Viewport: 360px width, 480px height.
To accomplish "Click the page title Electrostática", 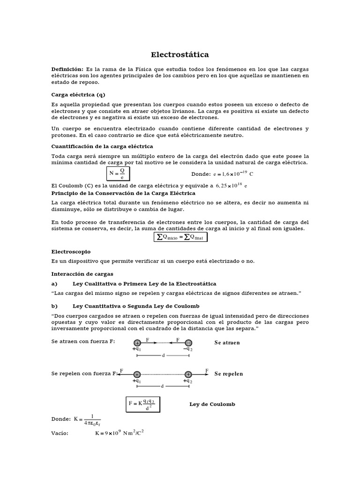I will [180, 55].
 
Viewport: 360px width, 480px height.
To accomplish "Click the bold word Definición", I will [67, 69].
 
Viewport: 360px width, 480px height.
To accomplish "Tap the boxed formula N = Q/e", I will [118, 174].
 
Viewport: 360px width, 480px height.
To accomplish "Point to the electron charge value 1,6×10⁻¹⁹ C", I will [233, 174].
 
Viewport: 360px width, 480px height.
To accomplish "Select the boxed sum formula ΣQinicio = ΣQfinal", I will [181, 237].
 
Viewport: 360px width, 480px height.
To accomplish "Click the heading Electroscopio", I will [71, 252].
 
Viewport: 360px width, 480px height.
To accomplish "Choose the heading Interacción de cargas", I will [82, 273].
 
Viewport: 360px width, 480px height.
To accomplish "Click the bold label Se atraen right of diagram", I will [227, 343].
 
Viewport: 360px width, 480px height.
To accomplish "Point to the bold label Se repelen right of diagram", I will [229, 374].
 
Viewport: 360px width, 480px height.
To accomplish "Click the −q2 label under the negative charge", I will [188, 349].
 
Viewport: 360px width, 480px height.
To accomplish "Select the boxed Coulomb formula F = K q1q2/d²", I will [143, 404].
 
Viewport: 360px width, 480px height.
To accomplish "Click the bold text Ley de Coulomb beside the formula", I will [212, 404].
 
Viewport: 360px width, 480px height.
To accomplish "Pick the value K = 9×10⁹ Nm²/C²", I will [119, 433].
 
